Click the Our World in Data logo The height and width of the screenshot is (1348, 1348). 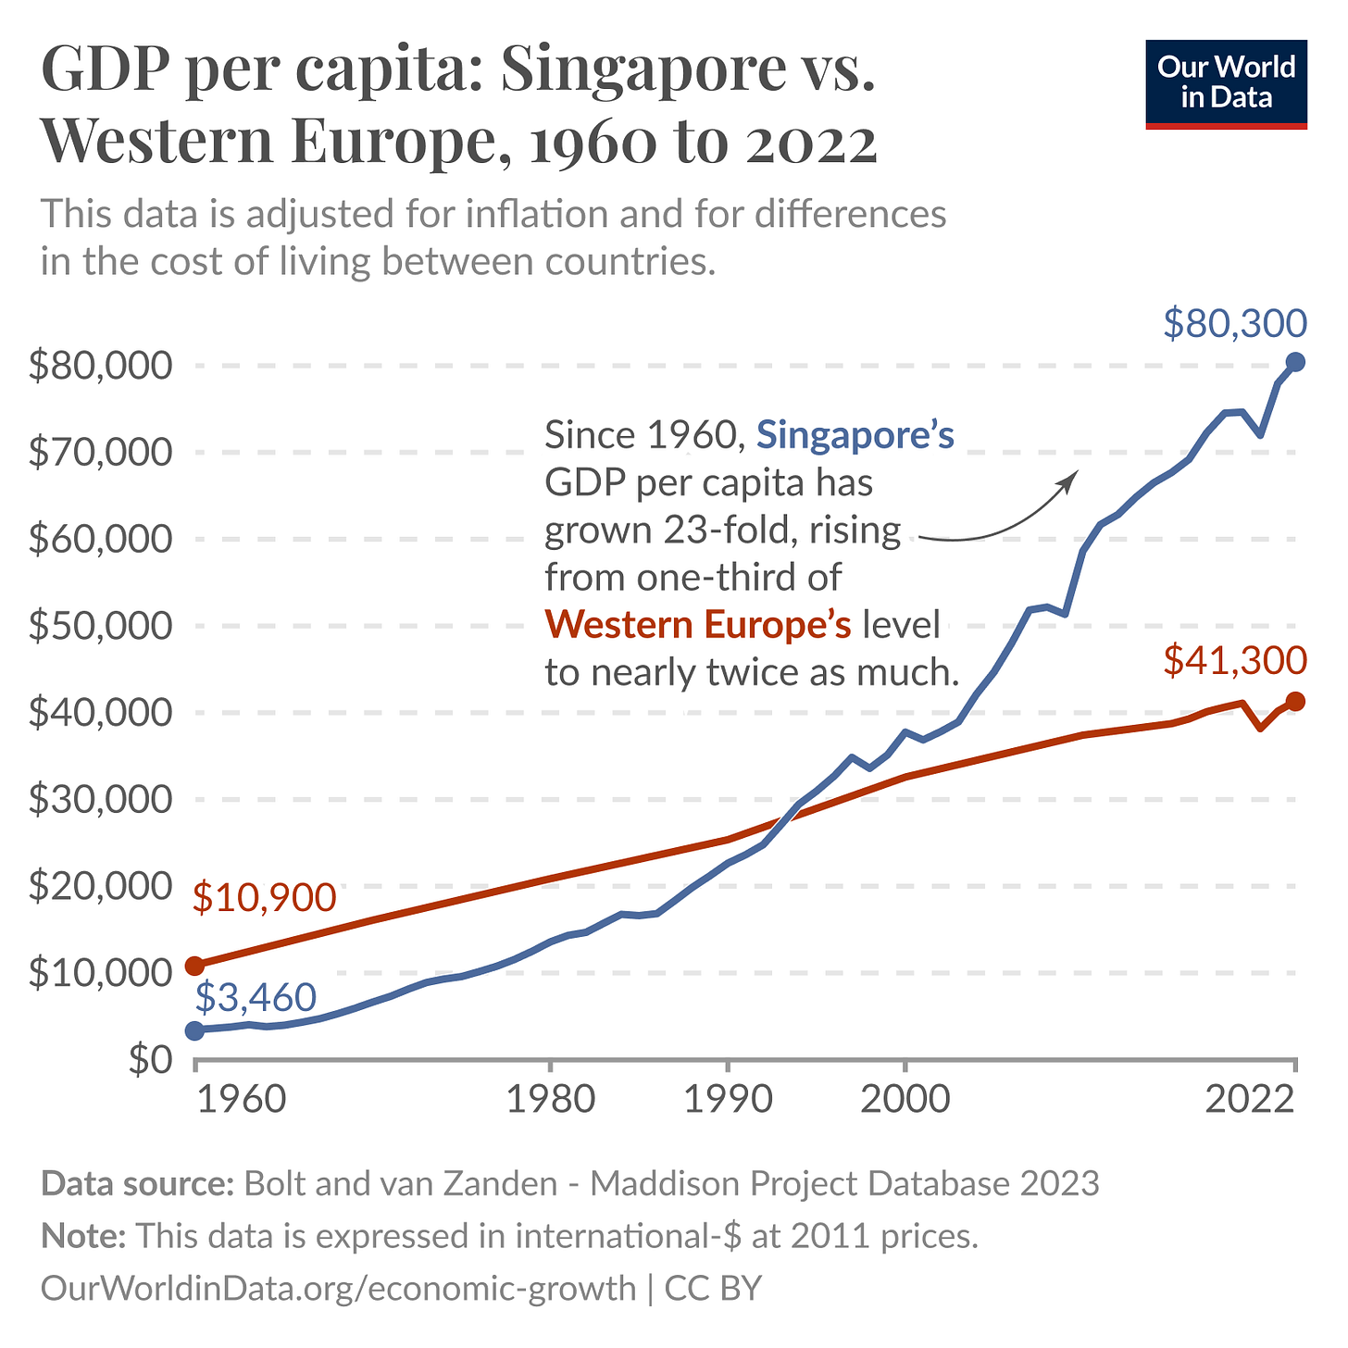click(1226, 83)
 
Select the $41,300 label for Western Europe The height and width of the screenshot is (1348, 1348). click(1234, 661)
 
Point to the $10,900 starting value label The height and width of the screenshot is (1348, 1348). click(264, 897)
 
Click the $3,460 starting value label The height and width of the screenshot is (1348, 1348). click(256, 997)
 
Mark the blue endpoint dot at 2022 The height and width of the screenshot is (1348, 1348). click(1295, 362)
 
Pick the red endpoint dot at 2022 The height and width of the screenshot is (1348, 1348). click(1295, 702)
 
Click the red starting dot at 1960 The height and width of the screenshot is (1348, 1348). click(194, 966)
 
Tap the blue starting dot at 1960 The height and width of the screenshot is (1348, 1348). click(194, 1030)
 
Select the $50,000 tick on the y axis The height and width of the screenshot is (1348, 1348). click(101, 627)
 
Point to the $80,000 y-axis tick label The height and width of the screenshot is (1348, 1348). click(101, 367)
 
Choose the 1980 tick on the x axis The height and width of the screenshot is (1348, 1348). click(550, 1101)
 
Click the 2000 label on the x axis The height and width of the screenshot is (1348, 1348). click(905, 1101)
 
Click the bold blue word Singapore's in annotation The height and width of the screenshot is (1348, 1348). click(855, 434)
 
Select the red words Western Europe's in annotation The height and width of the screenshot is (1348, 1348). click(698, 625)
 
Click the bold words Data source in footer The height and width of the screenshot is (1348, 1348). click(137, 1184)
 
